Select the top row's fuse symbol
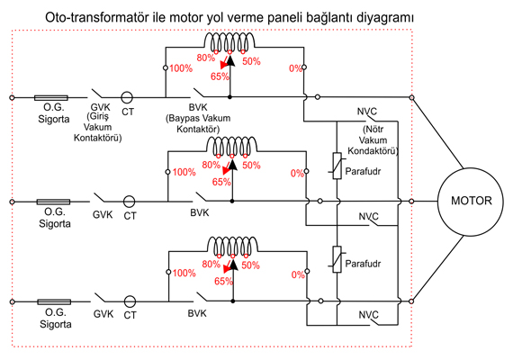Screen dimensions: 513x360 click(x=51, y=97)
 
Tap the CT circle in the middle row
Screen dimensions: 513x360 click(x=129, y=202)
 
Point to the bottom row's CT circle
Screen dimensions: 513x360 click(x=130, y=301)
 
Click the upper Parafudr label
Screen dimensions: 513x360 click(x=363, y=171)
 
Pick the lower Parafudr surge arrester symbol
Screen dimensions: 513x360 click(x=337, y=259)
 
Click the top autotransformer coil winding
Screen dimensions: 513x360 click(x=229, y=41)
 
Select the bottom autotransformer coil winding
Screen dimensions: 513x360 click(x=232, y=246)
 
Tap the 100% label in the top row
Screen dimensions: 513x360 click(x=181, y=68)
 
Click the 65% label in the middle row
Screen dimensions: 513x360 click(x=221, y=182)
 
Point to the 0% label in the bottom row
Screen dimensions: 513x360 click(x=298, y=274)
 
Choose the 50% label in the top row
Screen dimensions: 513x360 click(x=251, y=61)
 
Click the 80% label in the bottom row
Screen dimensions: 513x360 click(x=211, y=264)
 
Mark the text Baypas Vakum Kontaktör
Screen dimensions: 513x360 click(x=198, y=123)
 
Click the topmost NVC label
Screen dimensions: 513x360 click(x=367, y=112)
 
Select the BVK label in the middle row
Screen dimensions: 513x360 click(x=199, y=212)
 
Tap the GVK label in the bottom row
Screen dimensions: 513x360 click(x=103, y=314)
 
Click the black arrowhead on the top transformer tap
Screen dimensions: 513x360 click(x=230, y=61)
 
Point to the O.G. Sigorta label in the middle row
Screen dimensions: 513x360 click(x=55, y=218)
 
